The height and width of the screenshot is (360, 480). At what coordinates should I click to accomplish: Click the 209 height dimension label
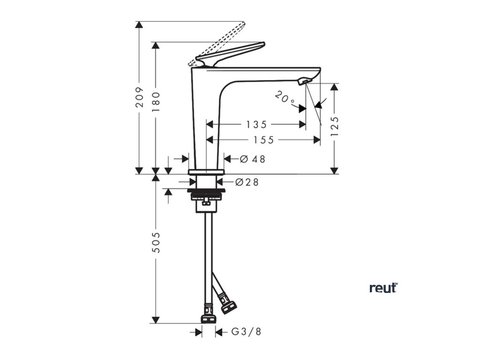pos(139,97)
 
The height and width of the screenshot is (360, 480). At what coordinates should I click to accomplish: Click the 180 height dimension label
pos(157,100)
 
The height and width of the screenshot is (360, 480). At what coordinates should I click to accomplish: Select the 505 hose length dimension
pos(157,242)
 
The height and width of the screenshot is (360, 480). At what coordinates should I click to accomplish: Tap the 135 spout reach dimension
pos(256,125)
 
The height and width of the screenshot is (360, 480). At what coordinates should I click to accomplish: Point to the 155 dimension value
pos(264,140)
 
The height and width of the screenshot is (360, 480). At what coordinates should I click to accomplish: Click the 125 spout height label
pos(334,126)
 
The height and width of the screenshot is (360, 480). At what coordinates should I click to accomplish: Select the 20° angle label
pos(285,98)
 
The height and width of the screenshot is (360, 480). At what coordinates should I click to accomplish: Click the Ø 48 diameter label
pos(253,159)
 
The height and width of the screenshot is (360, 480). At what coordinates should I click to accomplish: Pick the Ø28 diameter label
pos(247,182)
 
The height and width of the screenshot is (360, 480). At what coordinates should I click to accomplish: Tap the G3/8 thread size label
pos(246,332)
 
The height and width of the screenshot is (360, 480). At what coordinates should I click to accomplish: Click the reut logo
pos(383,288)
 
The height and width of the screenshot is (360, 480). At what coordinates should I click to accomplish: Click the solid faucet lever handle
pos(234,52)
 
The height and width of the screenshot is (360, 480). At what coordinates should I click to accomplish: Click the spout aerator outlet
pos(304,82)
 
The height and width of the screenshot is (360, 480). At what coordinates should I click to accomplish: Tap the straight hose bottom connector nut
pos(208,319)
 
